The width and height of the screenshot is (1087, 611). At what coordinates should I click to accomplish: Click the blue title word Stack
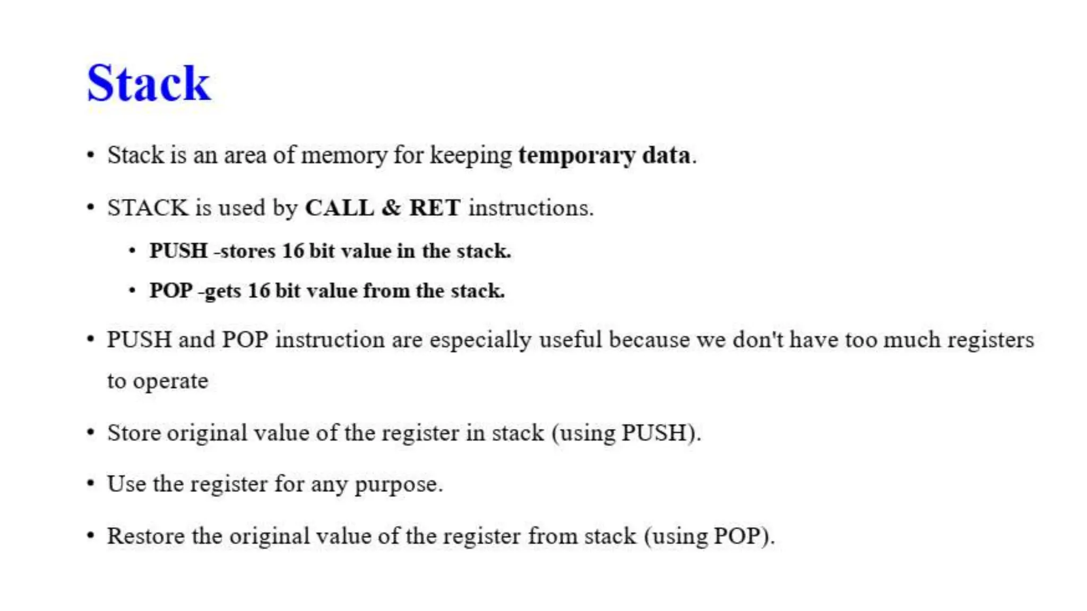tap(149, 83)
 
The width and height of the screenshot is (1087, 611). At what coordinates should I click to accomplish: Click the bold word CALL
tap(339, 207)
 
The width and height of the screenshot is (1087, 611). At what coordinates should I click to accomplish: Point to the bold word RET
tap(435, 207)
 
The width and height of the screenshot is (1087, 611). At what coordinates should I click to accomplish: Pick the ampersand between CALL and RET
tap(391, 207)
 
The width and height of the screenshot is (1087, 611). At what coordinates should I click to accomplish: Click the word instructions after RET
tap(530, 207)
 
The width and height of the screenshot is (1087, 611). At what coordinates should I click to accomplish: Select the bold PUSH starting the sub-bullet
tap(178, 251)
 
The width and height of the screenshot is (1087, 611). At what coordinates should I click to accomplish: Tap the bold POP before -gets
tap(171, 291)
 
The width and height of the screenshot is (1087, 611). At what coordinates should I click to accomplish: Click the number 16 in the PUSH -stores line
tap(293, 251)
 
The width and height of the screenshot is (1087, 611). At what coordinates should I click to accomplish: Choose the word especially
tap(480, 340)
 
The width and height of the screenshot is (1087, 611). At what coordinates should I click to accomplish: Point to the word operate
tap(170, 381)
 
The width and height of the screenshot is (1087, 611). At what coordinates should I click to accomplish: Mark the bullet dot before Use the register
tap(91, 483)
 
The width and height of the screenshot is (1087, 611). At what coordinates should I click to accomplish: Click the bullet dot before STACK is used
tap(91, 207)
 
